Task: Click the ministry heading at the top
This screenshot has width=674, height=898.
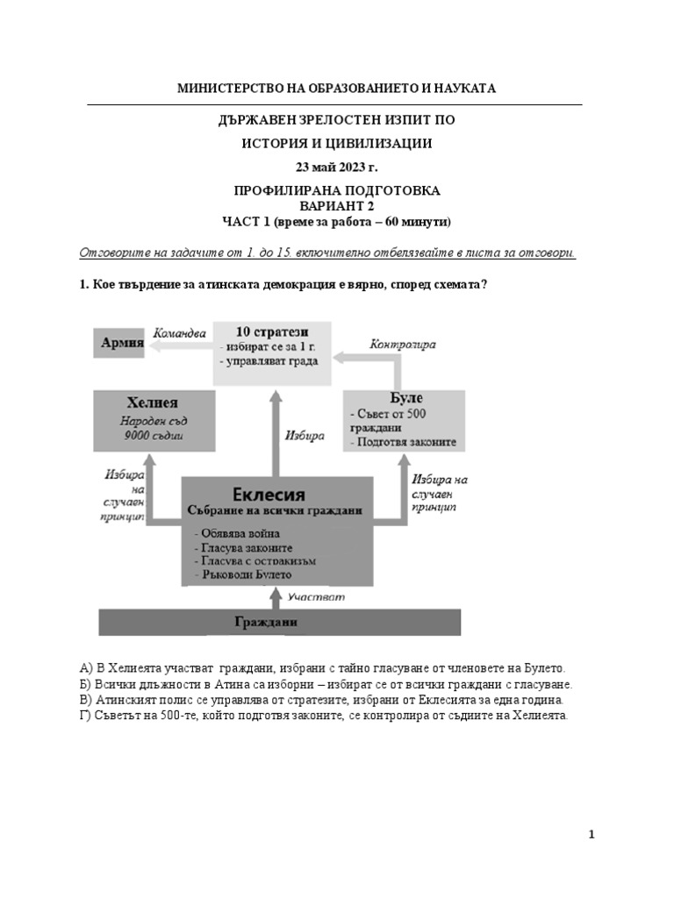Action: click(337, 89)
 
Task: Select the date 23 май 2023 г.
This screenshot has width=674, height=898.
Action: click(337, 167)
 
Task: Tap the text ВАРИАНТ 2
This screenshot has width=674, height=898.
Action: click(337, 205)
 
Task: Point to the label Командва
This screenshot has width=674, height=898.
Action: click(179, 333)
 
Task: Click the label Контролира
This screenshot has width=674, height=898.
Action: click(403, 345)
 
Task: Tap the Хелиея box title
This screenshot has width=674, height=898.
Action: click(153, 403)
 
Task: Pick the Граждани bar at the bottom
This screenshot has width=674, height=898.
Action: click(278, 622)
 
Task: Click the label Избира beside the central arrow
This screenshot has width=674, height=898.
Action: click(305, 434)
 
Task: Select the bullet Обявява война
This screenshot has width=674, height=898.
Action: click(240, 531)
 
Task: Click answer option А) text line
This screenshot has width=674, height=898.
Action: click(322, 667)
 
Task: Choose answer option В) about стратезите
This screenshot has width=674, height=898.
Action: click(321, 700)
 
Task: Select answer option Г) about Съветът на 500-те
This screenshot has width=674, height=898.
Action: click(324, 716)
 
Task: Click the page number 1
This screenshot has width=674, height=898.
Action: click(592, 835)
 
